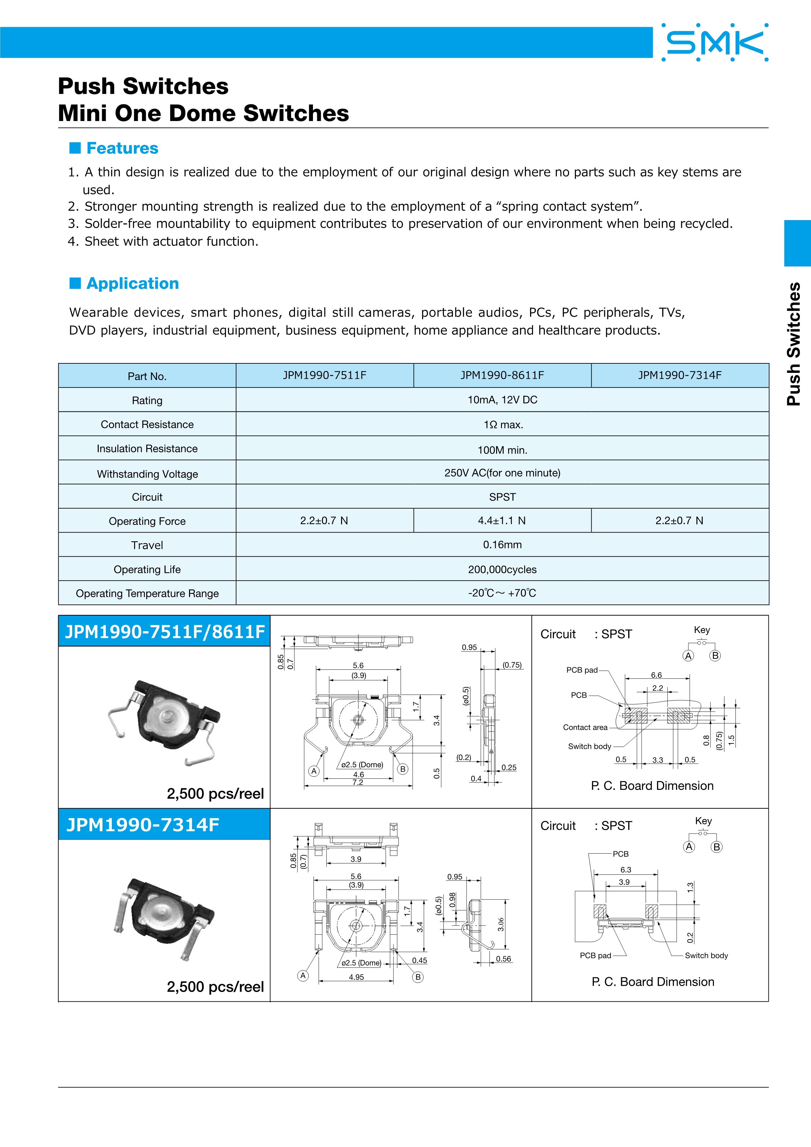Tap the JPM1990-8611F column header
click(x=502, y=375)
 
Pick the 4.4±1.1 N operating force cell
click(x=502, y=521)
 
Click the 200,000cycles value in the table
click(x=502, y=569)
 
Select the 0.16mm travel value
click(x=502, y=545)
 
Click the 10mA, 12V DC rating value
click(x=502, y=400)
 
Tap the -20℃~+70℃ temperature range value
click(x=502, y=593)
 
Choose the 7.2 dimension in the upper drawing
click(x=357, y=782)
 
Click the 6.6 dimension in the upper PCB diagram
click(x=656, y=675)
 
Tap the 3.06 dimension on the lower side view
click(x=501, y=924)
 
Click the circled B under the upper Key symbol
click(x=715, y=656)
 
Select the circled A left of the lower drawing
click(x=302, y=976)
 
